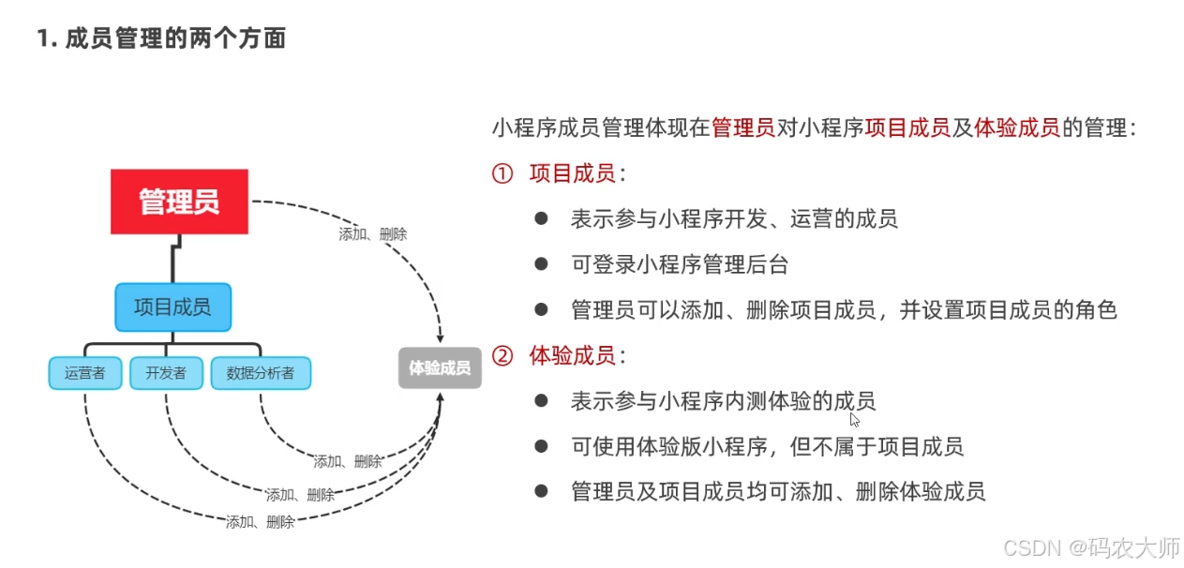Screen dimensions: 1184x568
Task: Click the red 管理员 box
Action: [x=179, y=202]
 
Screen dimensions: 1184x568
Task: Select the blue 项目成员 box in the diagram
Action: [x=172, y=307]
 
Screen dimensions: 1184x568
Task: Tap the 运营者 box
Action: [x=85, y=373]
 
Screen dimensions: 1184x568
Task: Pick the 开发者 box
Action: [x=166, y=373]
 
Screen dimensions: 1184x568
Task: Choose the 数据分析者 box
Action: [x=261, y=373]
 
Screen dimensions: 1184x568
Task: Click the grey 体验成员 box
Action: [x=440, y=368]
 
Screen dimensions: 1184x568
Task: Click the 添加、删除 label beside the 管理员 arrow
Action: [x=373, y=234]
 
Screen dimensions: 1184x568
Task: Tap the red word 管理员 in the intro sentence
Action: [x=743, y=128]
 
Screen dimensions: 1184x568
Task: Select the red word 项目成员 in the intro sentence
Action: [x=908, y=128]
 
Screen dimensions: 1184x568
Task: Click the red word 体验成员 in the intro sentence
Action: [x=1018, y=128]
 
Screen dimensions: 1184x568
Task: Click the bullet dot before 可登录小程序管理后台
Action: [x=541, y=263]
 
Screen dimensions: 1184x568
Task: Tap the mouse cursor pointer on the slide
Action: [x=854, y=419]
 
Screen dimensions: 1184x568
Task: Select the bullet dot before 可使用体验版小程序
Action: [x=541, y=446]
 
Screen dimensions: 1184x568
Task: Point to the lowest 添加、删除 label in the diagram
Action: [x=261, y=522]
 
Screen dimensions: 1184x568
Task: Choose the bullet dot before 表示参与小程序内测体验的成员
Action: [x=541, y=401]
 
